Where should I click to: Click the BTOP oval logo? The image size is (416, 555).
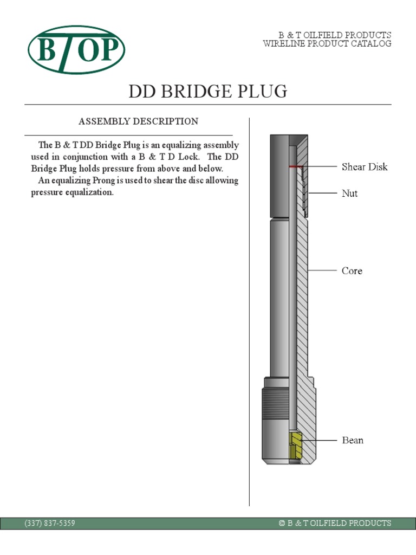77,50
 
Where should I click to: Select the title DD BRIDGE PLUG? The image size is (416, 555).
207,92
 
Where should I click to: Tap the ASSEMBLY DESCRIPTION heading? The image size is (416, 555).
139,121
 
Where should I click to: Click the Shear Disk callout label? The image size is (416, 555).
365,167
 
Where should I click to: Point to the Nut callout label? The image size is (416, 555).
350,193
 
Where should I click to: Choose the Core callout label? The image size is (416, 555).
352,270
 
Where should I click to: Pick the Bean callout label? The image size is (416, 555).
353,440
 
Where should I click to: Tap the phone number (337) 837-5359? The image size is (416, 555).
50,523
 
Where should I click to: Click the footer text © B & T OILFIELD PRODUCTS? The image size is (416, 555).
335,523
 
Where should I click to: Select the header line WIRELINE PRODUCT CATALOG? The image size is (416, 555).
327,44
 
